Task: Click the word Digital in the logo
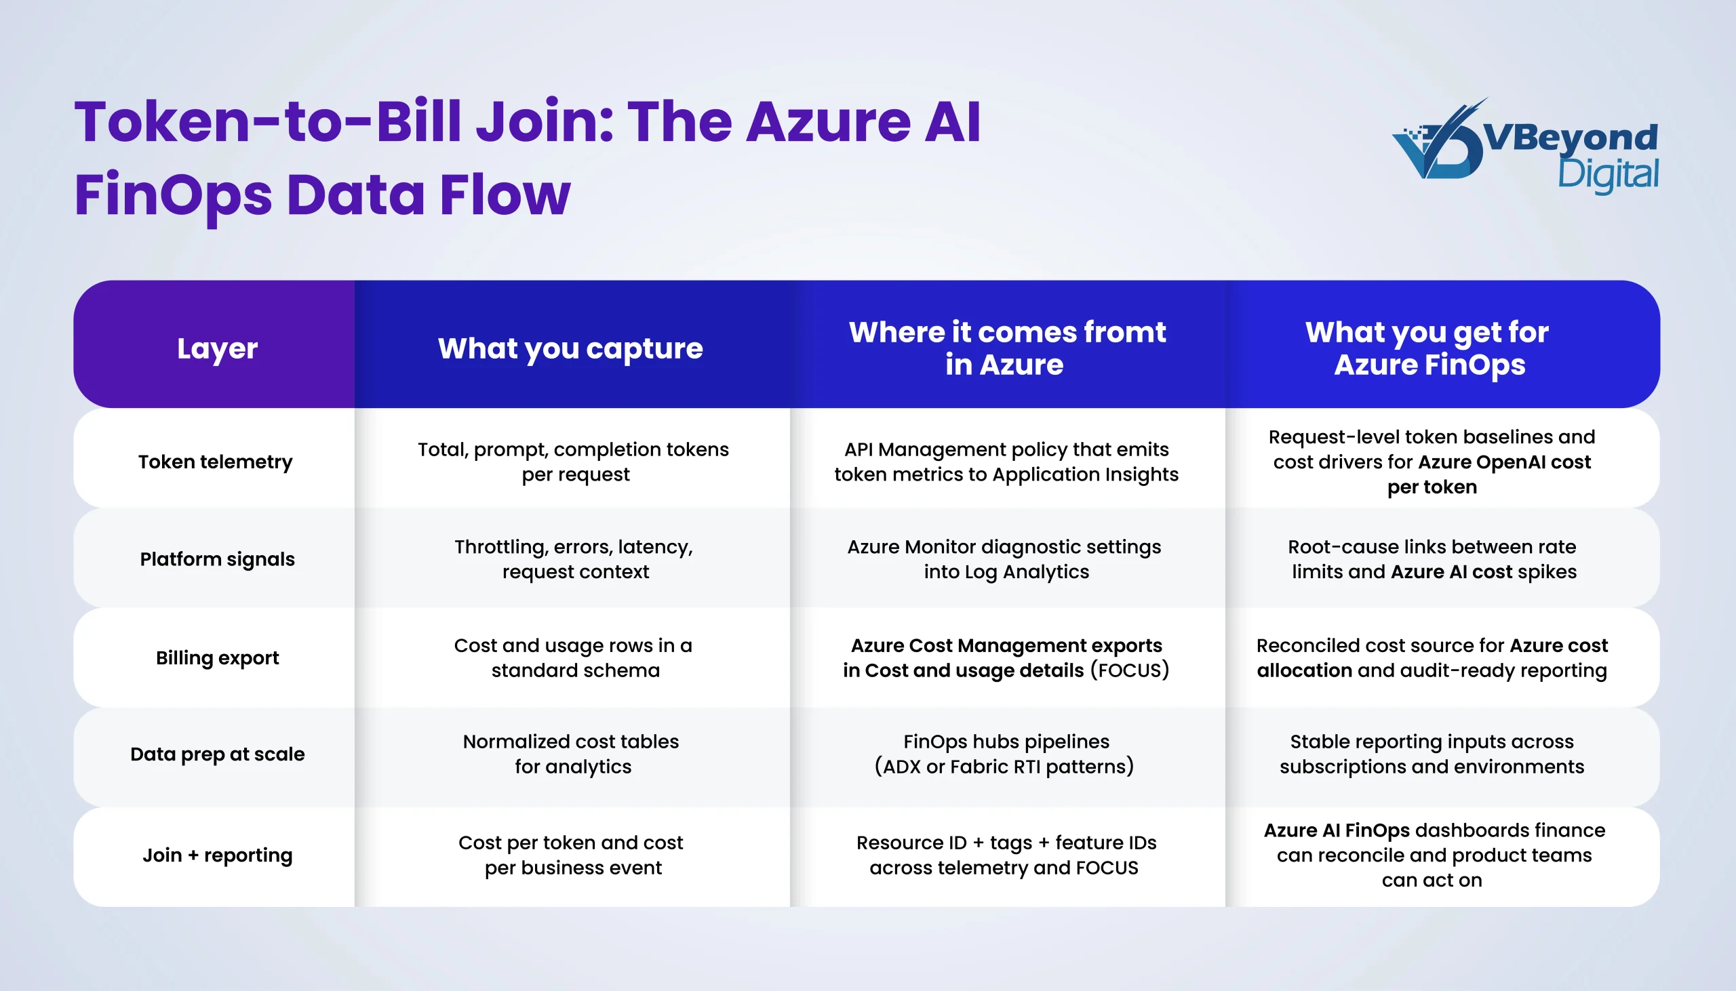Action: (1607, 175)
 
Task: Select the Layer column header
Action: (217, 348)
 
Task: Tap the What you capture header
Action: (570, 348)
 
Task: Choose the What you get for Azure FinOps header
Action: (1428, 348)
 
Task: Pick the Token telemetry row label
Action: (215, 462)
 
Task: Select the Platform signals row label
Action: (217, 559)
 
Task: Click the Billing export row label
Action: (217, 658)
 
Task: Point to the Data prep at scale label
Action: (217, 754)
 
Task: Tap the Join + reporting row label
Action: (217, 855)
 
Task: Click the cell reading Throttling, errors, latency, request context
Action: (574, 559)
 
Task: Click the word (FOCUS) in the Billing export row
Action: (1130, 670)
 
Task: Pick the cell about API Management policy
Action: (1006, 462)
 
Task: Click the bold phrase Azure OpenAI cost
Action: (1505, 462)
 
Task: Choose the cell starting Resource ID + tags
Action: (1006, 855)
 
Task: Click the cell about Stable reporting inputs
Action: (1431, 754)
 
